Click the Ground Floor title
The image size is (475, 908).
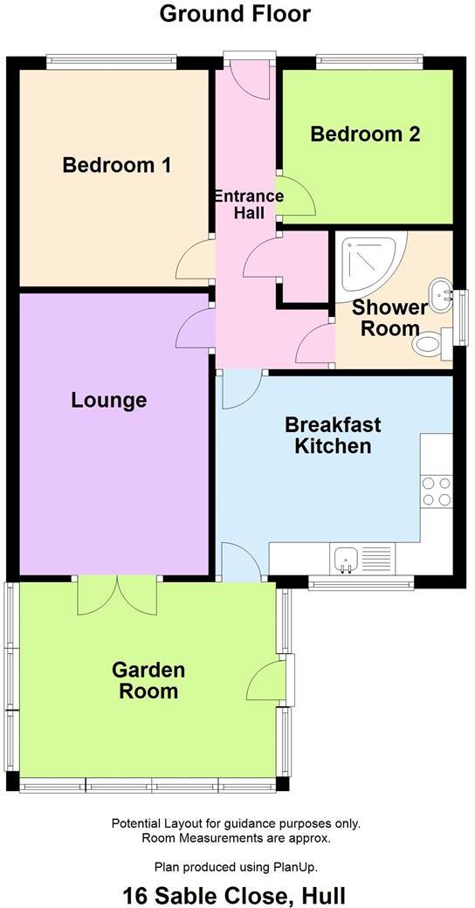coord(236,13)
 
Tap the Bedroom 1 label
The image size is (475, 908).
coord(116,164)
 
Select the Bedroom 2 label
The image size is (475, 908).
coord(365,134)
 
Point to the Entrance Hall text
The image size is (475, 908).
coord(249,204)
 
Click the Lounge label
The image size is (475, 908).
coord(108,401)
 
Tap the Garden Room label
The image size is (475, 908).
coord(148,681)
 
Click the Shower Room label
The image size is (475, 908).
coord(389,318)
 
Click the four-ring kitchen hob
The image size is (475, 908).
coord(436,492)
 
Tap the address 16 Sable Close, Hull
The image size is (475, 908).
coord(234,895)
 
